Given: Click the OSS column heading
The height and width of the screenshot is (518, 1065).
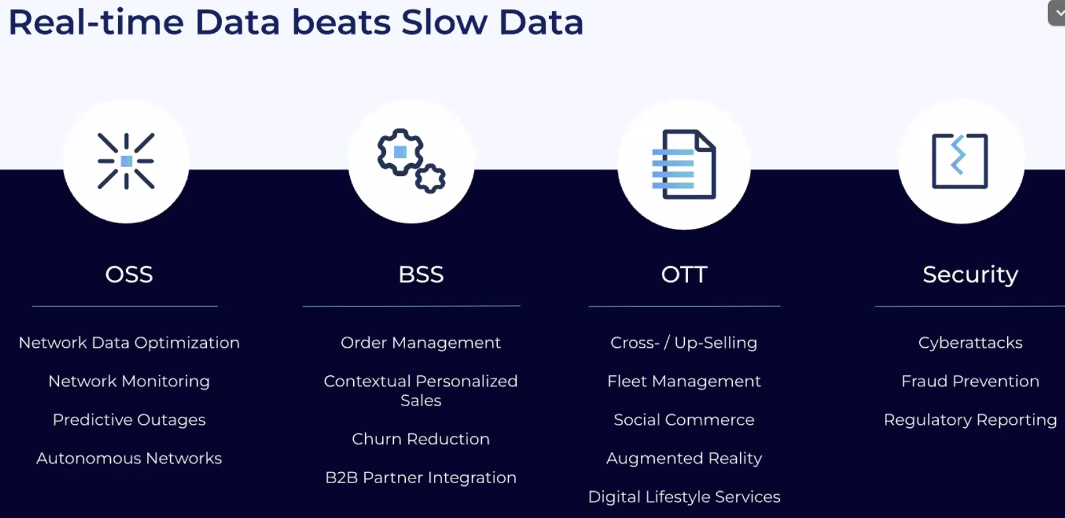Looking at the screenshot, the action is pyautogui.click(x=129, y=274).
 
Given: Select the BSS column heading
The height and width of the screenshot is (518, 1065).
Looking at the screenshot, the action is pyautogui.click(x=421, y=274).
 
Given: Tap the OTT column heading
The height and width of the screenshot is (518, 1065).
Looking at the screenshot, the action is pyautogui.click(x=684, y=274).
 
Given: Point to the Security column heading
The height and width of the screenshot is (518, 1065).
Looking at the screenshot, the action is pyautogui.click(x=970, y=275).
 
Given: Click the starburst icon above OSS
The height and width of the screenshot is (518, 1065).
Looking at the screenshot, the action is pyautogui.click(x=126, y=161).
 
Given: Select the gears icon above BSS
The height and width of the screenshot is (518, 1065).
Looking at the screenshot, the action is pyautogui.click(x=411, y=161).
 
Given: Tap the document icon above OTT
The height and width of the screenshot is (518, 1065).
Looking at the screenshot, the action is pyautogui.click(x=684, y=164).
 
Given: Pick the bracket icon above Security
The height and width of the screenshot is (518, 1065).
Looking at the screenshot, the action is pyautogui.click(x=960, y=161).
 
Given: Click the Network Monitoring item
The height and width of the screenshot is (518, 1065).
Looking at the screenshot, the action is pyautogui.click(x=129, y=381).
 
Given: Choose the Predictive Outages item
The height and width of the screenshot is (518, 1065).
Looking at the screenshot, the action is pyautogui.click(x=129, y=420).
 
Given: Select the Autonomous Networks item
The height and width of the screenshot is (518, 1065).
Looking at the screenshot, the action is pyautogui.click(x=129, y=458).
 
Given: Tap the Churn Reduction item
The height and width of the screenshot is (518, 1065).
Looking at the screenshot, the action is pyautogui.click(x=421, y=439).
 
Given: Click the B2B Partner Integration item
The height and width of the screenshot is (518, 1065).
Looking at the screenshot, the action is pyautogui.click(x=421, y=477).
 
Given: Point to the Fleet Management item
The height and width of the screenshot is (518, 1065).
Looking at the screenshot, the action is pyautogui.click(x=684, y=381).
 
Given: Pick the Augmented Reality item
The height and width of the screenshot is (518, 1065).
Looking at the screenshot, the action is pyautogui.click(x=684, y=458).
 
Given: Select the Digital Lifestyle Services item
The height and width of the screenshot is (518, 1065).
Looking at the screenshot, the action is pyautogui.click(x=684, y=497).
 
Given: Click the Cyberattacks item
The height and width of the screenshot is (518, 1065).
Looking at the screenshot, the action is pyautogui.click(x=970, y=342).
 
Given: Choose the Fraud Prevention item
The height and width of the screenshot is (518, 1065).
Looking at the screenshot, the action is pyautogui.click(x=970, y=381).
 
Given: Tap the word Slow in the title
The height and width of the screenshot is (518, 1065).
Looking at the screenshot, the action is pyautogui.click(x=444, y=22).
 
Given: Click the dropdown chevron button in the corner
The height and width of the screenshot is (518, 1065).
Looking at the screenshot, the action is pyautogui.click(x=1057, y=13).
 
